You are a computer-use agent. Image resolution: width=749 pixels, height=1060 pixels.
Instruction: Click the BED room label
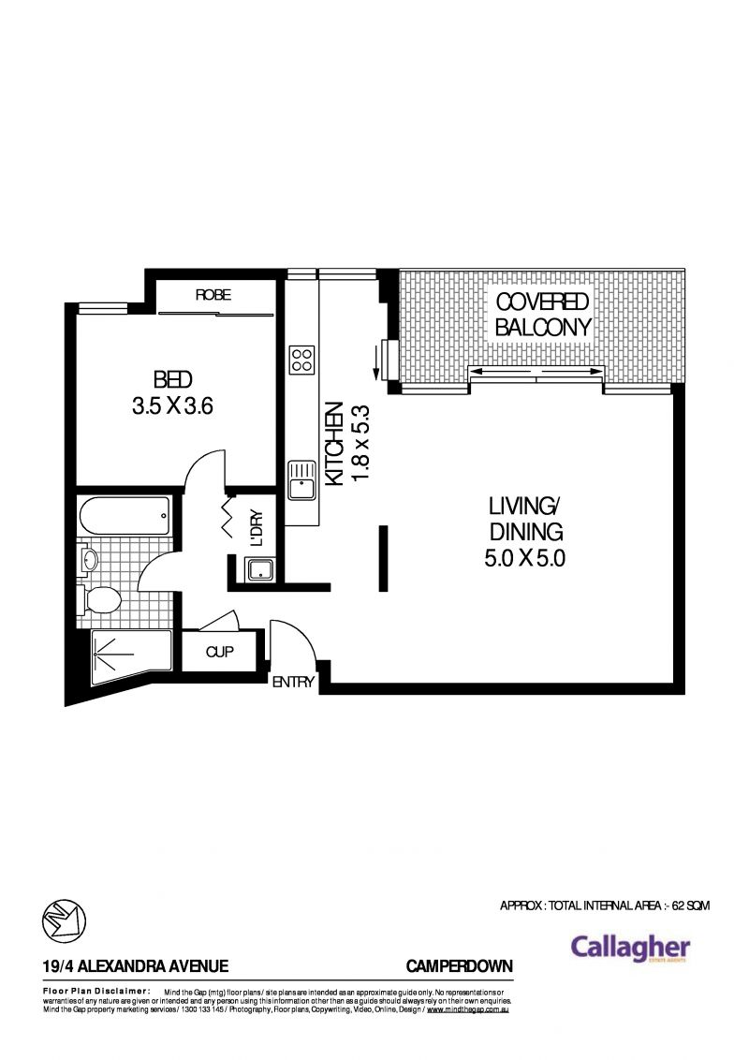[173, 379]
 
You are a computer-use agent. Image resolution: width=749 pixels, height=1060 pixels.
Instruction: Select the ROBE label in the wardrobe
[213, 295]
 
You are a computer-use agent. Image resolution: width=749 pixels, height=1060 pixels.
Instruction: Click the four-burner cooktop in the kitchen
[301, 360]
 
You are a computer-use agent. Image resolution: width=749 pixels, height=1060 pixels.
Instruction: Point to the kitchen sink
[301, 482]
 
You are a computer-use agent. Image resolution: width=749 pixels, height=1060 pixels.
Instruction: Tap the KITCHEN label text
[332, 445]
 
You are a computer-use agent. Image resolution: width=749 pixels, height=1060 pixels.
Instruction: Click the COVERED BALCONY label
[543, 315]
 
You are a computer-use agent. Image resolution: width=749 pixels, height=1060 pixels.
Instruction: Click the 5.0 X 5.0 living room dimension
[524, 559]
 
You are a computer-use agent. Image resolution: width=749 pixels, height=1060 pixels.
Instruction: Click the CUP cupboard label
[219, 652]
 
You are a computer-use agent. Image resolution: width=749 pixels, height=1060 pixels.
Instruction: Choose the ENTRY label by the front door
[293, 683]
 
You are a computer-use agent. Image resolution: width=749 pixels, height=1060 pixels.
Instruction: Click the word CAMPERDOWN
[460, 965]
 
